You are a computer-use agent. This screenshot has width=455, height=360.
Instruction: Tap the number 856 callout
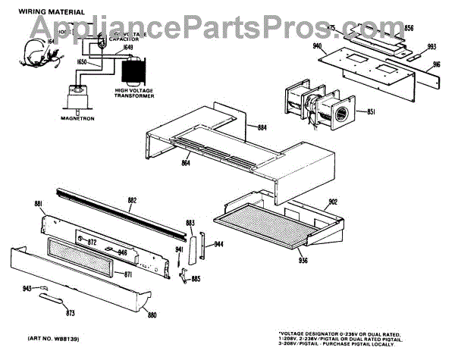coord(409,28)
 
